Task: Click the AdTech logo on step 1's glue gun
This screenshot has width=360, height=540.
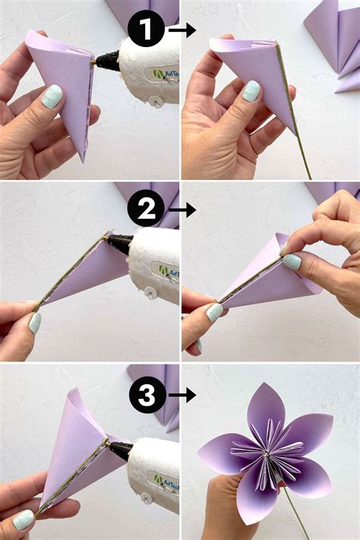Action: (x=166, y=74)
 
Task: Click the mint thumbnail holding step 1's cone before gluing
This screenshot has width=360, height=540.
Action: (x=52, y=96)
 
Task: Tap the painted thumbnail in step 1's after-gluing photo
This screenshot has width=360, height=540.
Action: (x=251, y=91)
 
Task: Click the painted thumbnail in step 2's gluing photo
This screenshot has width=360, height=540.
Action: (x=35, y=323)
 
